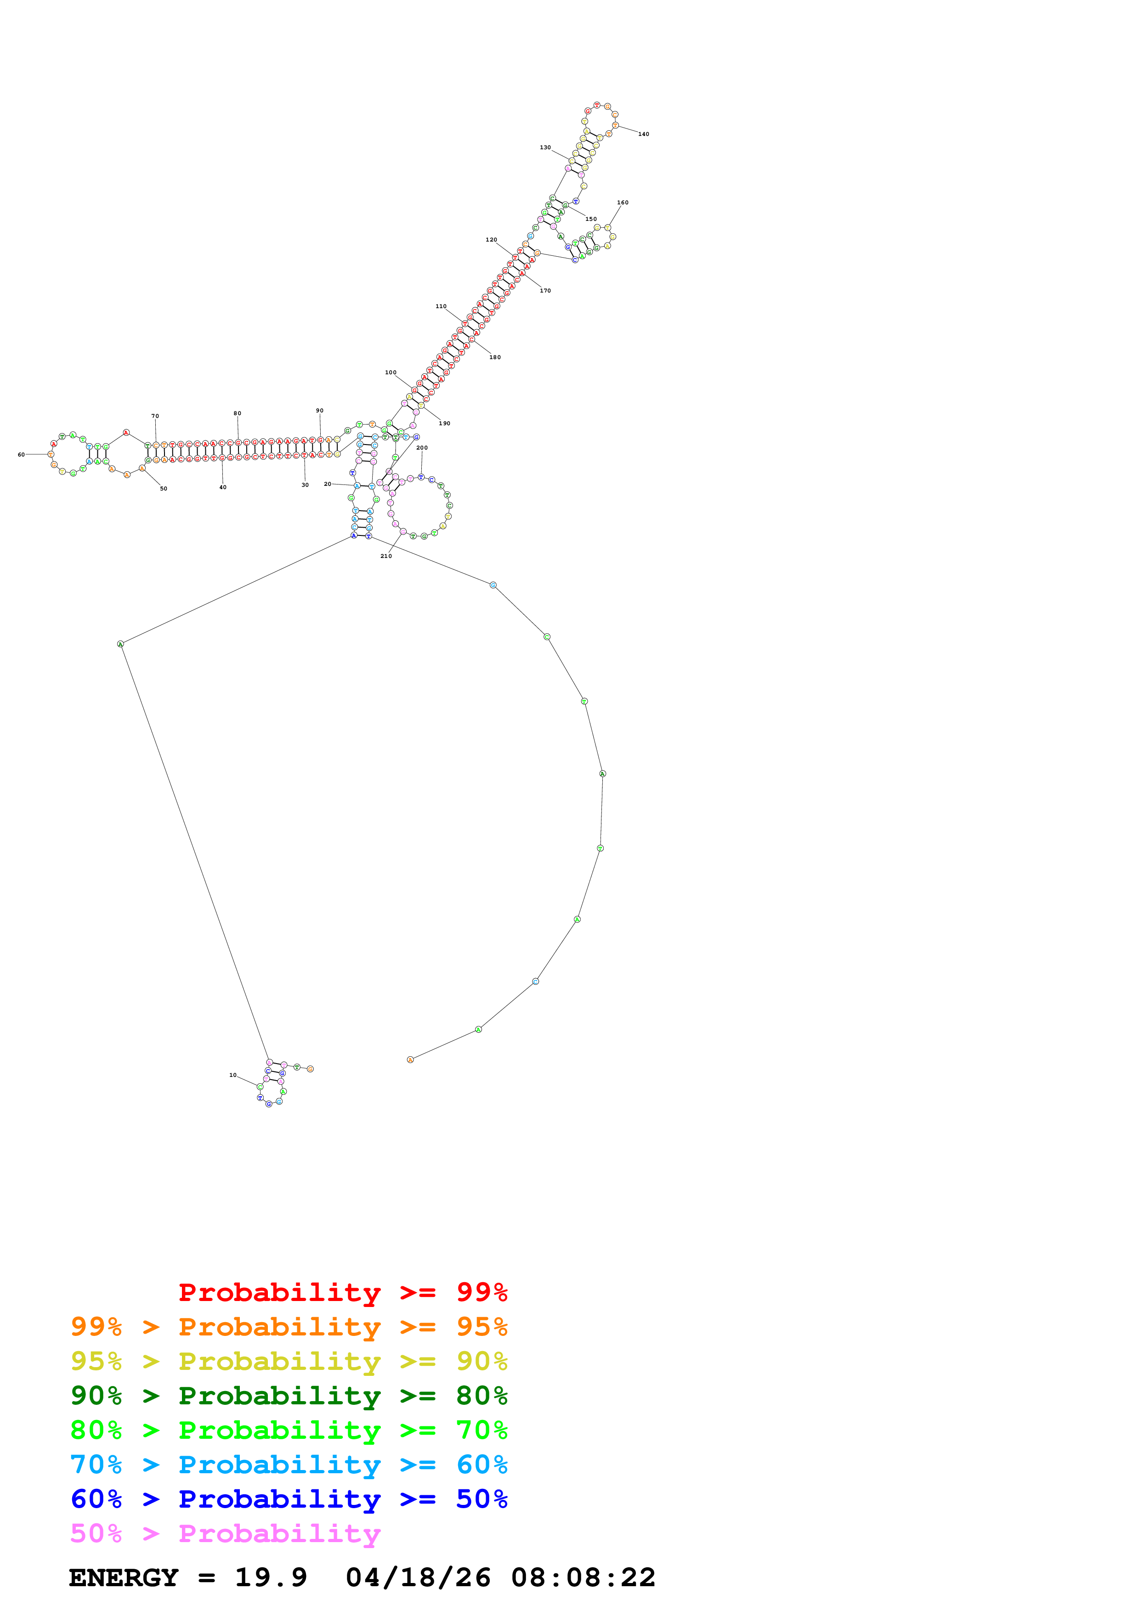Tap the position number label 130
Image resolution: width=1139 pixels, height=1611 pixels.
545,147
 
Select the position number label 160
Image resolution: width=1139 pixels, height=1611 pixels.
623,203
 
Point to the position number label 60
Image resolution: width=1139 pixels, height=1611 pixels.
21,455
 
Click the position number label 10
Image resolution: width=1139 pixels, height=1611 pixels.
233,1075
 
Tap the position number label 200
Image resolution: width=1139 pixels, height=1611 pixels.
422,448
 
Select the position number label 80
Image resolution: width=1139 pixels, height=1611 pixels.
237,413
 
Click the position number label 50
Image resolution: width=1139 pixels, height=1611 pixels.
164,488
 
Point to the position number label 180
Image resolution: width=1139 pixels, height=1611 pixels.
495,357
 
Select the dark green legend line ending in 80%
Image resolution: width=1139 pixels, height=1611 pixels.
289,1396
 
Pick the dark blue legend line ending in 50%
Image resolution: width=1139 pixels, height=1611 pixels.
289,1499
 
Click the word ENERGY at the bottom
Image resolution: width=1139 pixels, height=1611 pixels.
124,1577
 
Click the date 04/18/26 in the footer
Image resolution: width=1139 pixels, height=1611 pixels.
418,1577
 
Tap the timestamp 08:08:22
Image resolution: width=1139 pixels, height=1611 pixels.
583,1577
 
